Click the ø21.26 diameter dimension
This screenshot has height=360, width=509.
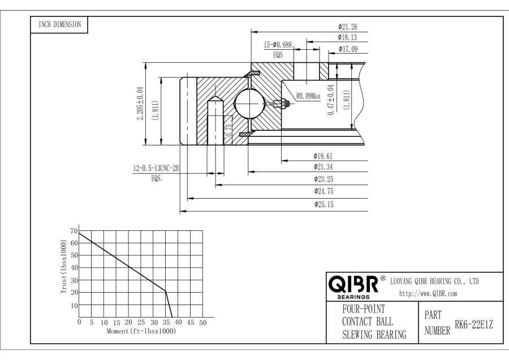tap(347, 26)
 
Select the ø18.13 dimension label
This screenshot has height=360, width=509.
tap(347, 37)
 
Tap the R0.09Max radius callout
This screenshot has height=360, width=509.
tap(308, 96)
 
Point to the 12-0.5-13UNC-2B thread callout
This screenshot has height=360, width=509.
tap(156, 168)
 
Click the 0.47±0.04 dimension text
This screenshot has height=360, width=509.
tap(331, 101)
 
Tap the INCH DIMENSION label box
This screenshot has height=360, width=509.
tap(59, 24)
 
